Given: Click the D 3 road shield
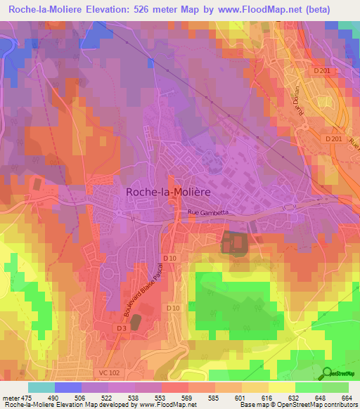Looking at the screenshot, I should pos(120,328).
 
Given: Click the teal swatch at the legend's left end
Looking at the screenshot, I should pos(41,388).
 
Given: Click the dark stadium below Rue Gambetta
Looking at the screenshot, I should pos(235,243).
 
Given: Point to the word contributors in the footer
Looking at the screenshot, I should pos(340,405).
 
